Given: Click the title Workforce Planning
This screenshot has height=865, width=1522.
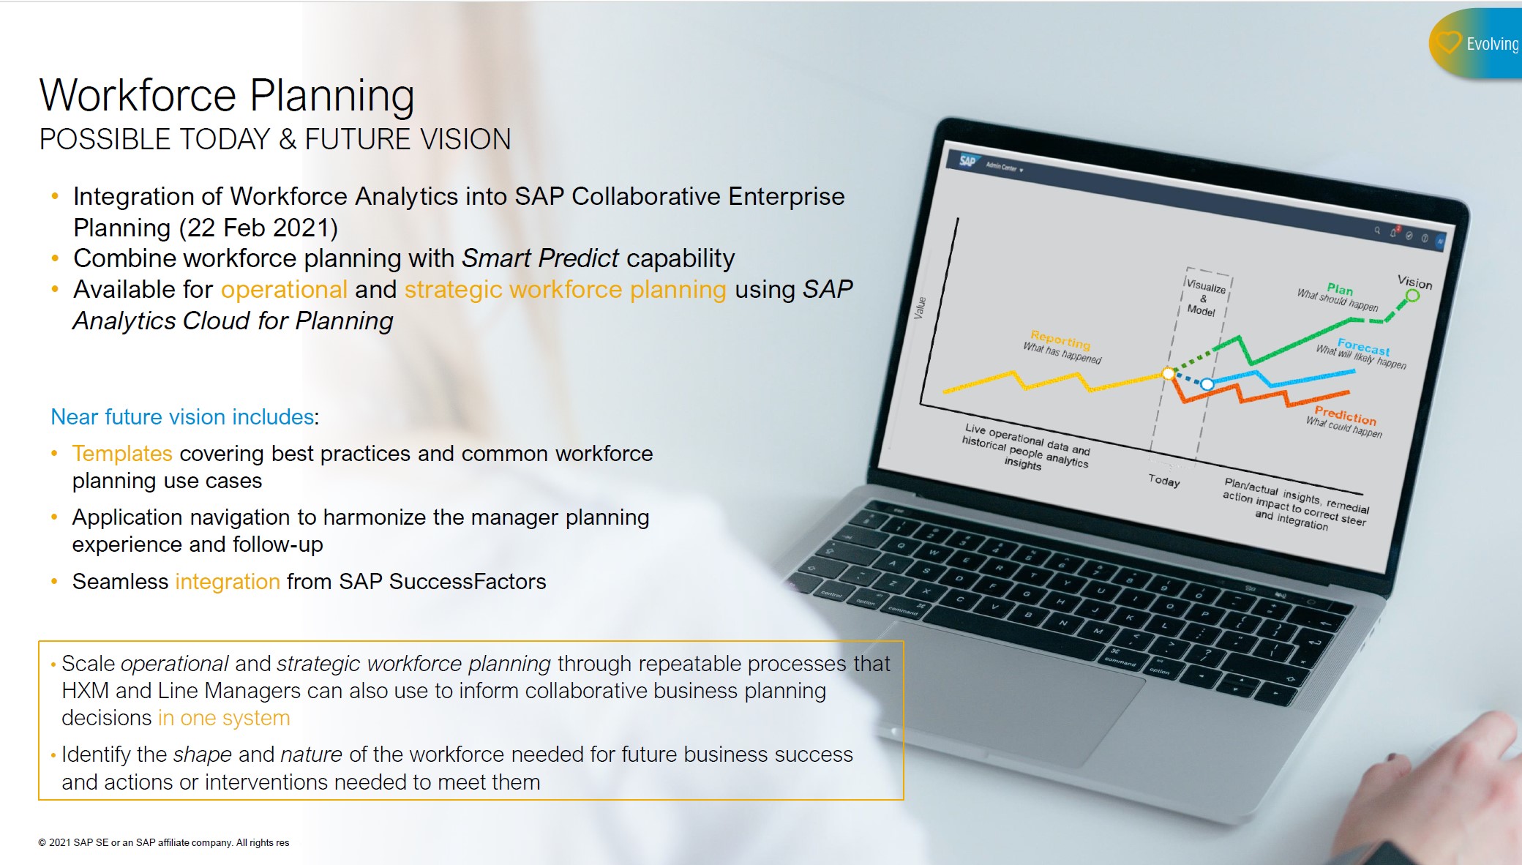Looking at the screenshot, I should coord(227,96).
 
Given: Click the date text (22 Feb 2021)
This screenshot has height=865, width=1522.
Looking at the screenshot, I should coord(258,228).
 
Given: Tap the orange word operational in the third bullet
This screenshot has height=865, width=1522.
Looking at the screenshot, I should coord(284,290).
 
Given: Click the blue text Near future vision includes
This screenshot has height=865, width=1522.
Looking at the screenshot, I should coord(182,417).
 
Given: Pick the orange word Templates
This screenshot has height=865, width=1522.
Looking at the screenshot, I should coord(122,454).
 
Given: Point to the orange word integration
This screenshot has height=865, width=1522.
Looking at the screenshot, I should coord(228,582).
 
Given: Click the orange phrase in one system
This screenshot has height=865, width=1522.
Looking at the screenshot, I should coord(224,719).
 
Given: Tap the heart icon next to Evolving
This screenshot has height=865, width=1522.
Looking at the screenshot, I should coord(1447,42).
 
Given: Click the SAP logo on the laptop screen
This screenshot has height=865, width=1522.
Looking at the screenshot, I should coord(967,161).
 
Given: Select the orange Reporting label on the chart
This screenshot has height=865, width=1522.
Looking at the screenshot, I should coord(1060,340).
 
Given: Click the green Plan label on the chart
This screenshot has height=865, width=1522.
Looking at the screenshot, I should coord(1340,289).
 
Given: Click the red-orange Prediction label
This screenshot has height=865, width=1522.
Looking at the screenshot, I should coord(1345,416).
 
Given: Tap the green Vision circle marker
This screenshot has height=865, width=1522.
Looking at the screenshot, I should coord(1412,296).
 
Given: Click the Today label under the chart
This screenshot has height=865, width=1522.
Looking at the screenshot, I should coord(1163,480).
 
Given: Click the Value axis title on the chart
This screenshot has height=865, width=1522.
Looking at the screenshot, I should coord(920,307).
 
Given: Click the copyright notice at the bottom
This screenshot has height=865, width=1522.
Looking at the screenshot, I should coord(164,843).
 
